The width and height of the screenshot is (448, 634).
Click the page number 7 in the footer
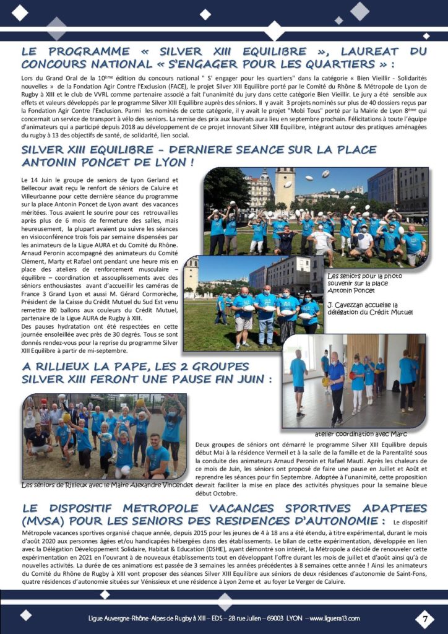(424, 618)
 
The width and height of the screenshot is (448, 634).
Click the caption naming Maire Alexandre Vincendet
(106, 485)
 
